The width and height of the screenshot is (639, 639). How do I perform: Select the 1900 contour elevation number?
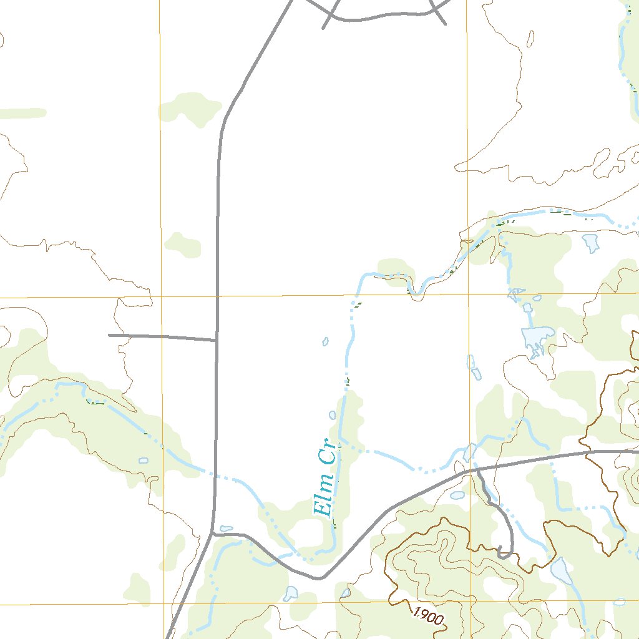tap(428, 617)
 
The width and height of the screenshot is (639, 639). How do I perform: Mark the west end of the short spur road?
tap(109, 335)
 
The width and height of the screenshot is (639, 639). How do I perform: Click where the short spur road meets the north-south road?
tap(217, 340)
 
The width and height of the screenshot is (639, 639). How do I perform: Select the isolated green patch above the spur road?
tap(182, 245)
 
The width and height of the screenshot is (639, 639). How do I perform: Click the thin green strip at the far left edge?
tap(22, 114)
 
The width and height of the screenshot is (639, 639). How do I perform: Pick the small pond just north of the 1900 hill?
tap(457, 495)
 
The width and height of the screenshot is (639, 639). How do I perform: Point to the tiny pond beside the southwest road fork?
tap(227, 529)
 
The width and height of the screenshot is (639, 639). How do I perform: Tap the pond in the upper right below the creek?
tap(590, 241)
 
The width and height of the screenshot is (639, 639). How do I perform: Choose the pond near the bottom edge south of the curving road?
tap(290, 593)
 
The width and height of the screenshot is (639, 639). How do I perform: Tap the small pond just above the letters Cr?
tap(332, 414)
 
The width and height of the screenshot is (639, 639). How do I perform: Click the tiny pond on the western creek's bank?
tap(144, 461)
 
